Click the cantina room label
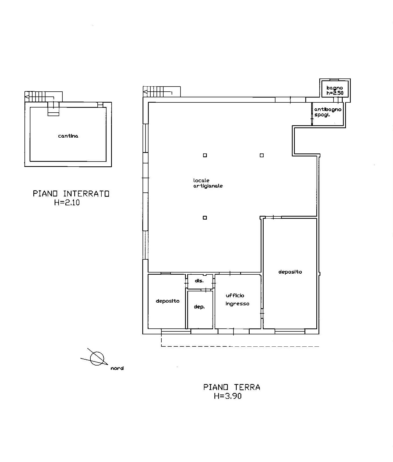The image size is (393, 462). [x=68, y=136]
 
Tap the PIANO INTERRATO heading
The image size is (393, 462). [x=71, y=194]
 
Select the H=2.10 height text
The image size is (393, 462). [x=67, y=202]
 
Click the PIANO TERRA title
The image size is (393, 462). [x=232, y=387]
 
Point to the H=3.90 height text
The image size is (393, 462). [x=228, y=396]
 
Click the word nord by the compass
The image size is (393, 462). [x=117, y=368]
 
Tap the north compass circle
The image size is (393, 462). [x=97, y=359]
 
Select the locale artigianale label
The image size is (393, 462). [x=208, y=183]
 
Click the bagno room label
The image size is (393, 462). [x=335, y=88]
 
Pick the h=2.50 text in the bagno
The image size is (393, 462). [x=335, y=93]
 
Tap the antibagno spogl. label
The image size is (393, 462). [x=328, y=112]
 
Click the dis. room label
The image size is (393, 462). [x=199, y=281]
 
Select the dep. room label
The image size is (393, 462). [x=199, y=307]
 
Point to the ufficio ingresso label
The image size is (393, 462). [x=237, y=299]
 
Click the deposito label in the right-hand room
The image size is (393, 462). [x=290, y=272]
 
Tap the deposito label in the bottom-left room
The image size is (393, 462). [x=168, y=301]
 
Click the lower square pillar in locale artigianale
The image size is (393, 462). [x=205, y=218]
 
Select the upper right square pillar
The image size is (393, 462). [x=262, y=155]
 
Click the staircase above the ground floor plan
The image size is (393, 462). [x=162, y=91]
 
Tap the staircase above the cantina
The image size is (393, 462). [x=44, y=97]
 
